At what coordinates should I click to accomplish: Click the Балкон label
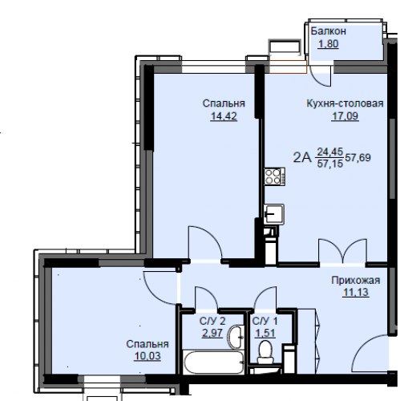(x=328, y=31)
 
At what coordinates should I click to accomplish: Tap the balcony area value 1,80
(x=329, y=43)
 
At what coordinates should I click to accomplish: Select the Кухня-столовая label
(x=345, y=103)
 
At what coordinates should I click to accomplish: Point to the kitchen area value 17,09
(x=345, y=116)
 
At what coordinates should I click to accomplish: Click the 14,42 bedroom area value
(x=224, y=116)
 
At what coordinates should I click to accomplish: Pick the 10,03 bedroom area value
(x=147, y=356)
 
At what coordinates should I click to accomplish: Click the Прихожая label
(x=356, y=281)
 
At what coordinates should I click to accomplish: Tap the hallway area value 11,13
(x=356, y=292)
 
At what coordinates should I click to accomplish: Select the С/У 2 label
(x=212, y=321)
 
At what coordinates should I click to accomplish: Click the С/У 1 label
(x=265, y=321)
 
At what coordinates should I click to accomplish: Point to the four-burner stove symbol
(x=274, y=176)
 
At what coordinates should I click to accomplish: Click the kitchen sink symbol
(x=274, y=214)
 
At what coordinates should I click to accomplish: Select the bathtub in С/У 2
(x=213, y=363)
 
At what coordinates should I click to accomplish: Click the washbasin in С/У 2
(x=236, y=337)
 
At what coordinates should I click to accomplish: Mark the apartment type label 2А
(x=302, y=157)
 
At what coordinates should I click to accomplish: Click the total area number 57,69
(x=358, y=157)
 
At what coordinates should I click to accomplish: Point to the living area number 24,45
(x=330, y=152)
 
